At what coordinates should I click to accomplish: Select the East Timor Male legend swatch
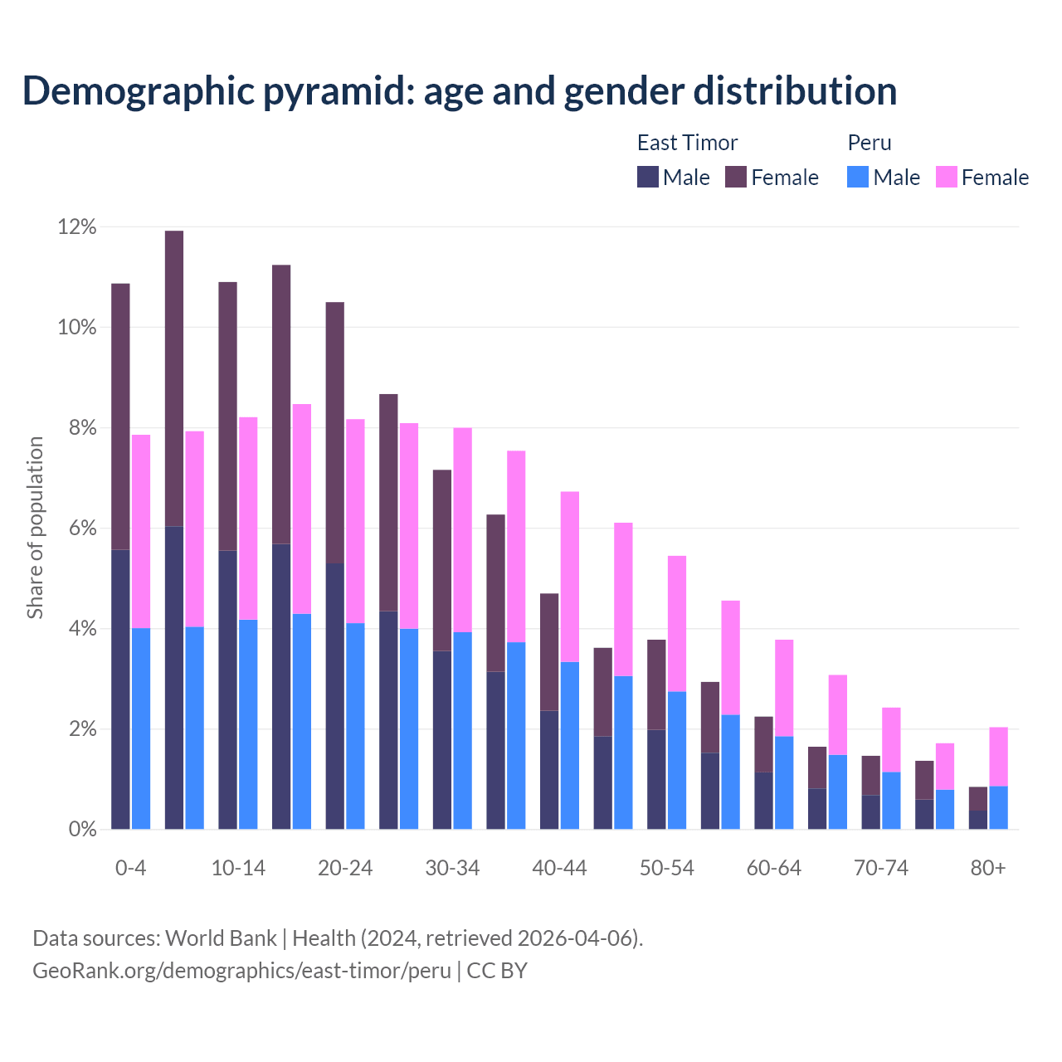coord(648,177)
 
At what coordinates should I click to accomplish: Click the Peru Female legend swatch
coord(946,177)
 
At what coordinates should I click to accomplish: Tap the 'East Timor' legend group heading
coord(687,143)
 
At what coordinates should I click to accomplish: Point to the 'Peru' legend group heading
coord(870,143)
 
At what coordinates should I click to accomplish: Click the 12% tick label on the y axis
coord(77,227)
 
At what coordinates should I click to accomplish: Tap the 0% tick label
coord(82,829)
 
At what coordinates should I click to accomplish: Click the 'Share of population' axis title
coord(35,528)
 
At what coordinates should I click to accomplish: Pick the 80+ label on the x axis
coord(987,868)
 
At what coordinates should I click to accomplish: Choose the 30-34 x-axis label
coord(452,868)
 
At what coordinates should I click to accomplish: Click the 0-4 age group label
coord(130,868)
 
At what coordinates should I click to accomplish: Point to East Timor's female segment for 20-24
coord(334,432)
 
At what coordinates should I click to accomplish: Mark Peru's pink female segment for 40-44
coord(570,577)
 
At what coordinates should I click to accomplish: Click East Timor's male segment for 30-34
coord(442,739)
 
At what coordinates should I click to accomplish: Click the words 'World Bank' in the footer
coord(221,938)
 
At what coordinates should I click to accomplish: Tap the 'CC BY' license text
coord(497,971)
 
